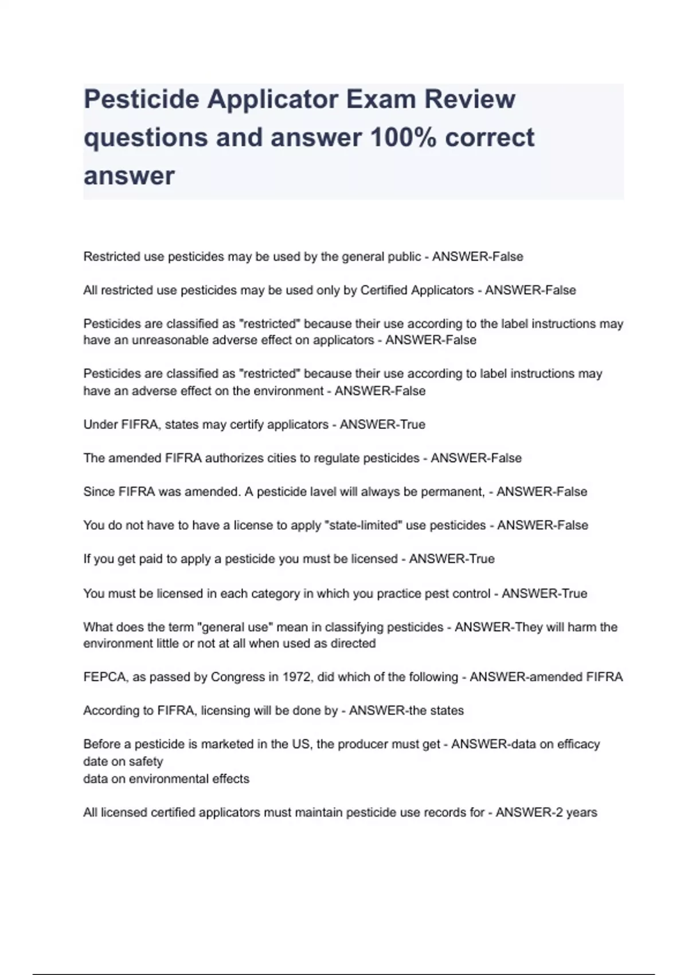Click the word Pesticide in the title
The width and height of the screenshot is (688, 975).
(141, 99)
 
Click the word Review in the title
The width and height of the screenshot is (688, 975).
(470, 99)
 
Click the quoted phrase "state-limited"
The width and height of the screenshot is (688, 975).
(362, 525)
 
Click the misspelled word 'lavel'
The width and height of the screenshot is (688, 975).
(322, 492)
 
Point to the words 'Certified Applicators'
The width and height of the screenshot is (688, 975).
(417, 290)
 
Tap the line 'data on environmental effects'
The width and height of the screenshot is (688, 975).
(166, 779)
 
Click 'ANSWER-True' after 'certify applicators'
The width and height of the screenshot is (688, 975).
(382, 424)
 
